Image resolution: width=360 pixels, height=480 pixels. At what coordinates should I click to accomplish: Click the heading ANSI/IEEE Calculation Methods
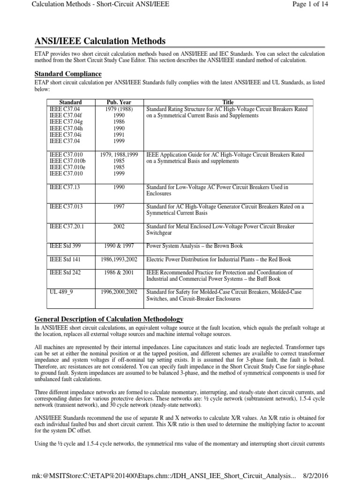click(100, 41)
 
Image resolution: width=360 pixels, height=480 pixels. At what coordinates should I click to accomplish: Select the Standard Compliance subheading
click(68, 74)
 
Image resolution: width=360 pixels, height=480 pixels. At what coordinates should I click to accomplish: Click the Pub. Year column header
click(119, 102)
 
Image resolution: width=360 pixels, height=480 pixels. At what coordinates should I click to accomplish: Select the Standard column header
click(70, 102)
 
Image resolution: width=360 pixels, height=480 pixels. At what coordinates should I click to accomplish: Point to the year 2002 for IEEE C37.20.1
click(119, 226)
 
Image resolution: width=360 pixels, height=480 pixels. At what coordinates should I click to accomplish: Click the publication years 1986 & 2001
click(119, 272)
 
